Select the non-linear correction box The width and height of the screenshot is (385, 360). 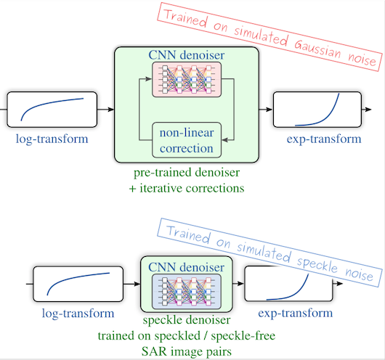tap(187, 140)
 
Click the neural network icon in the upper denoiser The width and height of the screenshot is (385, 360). tap(187, 79)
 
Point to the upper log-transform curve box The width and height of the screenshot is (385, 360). tap(52, 110)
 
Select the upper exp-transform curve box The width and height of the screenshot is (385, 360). tap(317, 110)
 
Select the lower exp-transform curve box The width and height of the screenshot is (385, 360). tap(288, 284)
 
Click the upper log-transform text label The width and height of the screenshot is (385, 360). tap(52, 139)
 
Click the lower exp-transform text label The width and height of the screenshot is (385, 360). tap(293, 313)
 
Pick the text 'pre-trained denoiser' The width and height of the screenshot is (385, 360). tap(187, 174)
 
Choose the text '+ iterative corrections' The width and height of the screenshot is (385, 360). tap(187, 188)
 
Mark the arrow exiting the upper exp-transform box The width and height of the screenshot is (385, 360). tap(370, 110)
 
